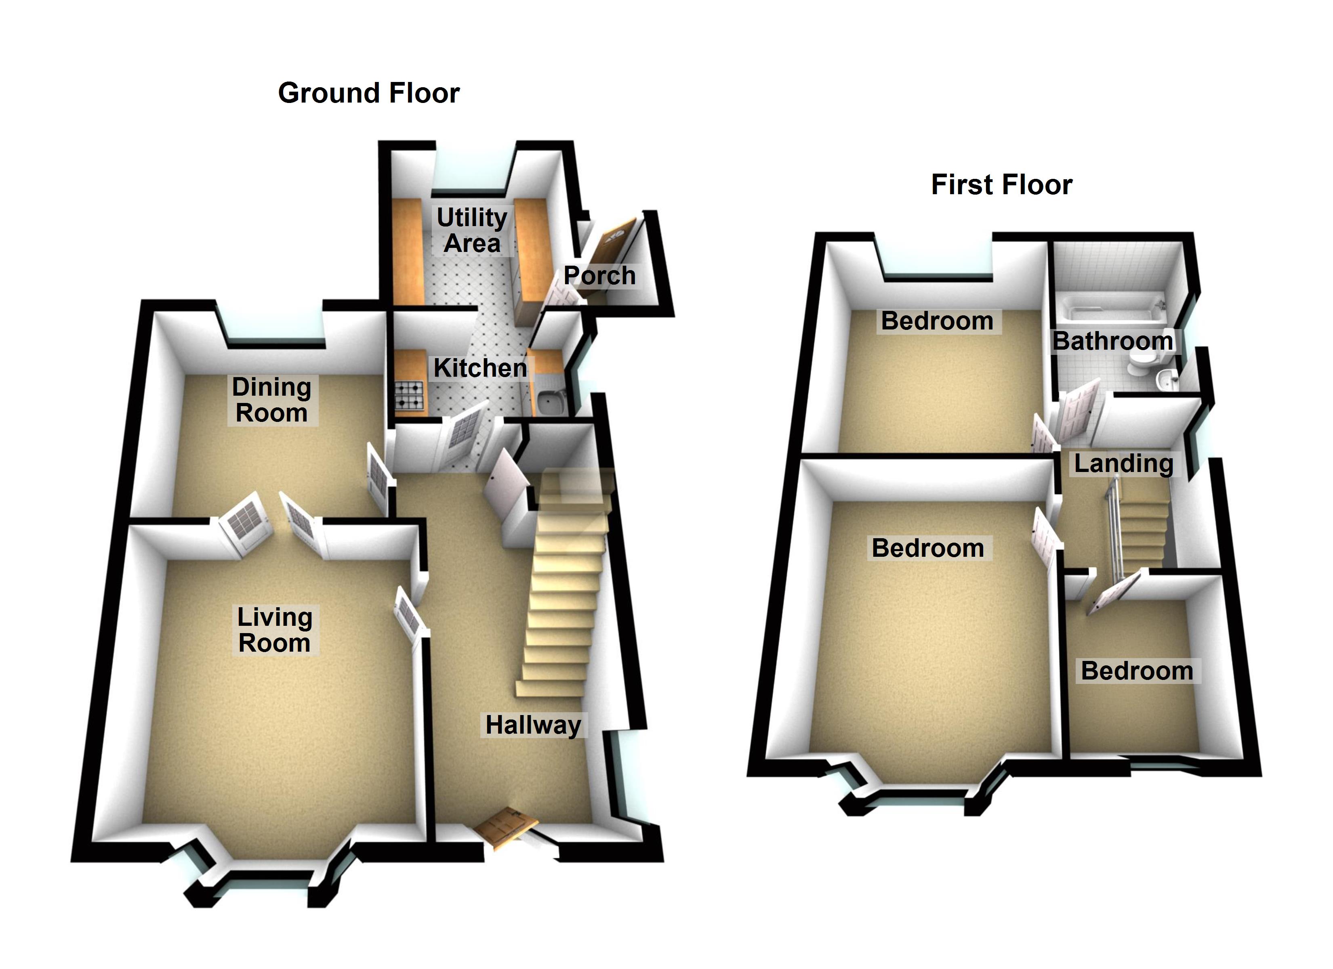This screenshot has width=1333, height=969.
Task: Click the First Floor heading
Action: tap(1001, 185)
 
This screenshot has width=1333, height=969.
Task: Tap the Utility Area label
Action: tap(472, 231)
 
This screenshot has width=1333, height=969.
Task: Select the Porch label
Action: tap(599, 276)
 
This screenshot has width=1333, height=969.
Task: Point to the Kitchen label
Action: tap(479, 369)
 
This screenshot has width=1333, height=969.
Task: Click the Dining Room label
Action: tap(271, 400)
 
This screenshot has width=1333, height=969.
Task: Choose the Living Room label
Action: tap(274, 630)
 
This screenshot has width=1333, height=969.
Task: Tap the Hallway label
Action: tap(532, 725)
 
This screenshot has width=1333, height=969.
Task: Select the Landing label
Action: tap(1123, 464)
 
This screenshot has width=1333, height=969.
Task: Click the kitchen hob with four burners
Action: tap(409, 395)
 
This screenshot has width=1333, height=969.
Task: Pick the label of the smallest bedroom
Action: tap(1137, 671)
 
